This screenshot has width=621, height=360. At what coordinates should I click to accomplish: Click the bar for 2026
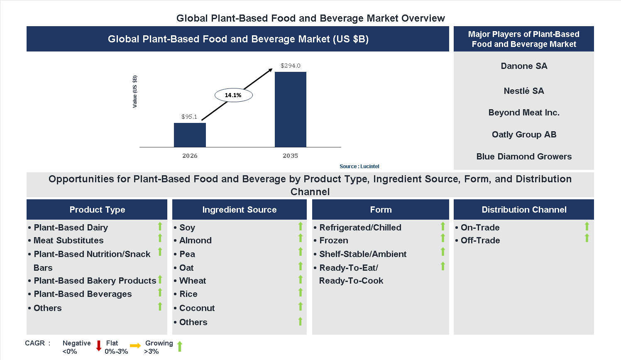coord(190,135)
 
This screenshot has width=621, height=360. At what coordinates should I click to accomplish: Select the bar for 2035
coord(290,110)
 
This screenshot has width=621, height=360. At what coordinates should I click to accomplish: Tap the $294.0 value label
coord(290,66)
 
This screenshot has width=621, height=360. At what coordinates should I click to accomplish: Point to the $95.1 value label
coord(189,117)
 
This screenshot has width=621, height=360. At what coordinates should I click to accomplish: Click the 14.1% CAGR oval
coord(233,95)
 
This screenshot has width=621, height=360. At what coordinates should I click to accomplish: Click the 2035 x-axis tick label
coord(290,156)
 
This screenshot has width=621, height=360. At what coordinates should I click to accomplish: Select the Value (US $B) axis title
coord(134,92)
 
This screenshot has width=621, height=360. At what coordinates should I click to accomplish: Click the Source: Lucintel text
coord(359,167)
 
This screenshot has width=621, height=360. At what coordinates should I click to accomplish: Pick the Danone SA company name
coord(524,66)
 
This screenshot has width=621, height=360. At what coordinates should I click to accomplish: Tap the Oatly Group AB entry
coord(524,135)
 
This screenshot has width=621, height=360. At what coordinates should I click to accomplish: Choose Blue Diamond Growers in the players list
coord(524,157)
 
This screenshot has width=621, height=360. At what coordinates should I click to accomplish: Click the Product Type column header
coord(97,210)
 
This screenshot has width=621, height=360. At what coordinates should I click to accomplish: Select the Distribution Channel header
coord(524,210)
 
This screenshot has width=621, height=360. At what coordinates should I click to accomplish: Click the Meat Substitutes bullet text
coord(68,240)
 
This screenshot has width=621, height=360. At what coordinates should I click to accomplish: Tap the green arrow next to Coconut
coord(301,306)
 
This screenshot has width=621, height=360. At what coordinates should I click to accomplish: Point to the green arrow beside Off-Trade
coord(587,238)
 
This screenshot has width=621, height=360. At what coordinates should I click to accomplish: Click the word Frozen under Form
coord(334,240)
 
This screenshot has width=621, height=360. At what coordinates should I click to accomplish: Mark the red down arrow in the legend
coord(99,346)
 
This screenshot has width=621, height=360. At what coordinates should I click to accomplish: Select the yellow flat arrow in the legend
coord(135,346)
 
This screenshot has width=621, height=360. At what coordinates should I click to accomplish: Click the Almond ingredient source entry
coord(196,240)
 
